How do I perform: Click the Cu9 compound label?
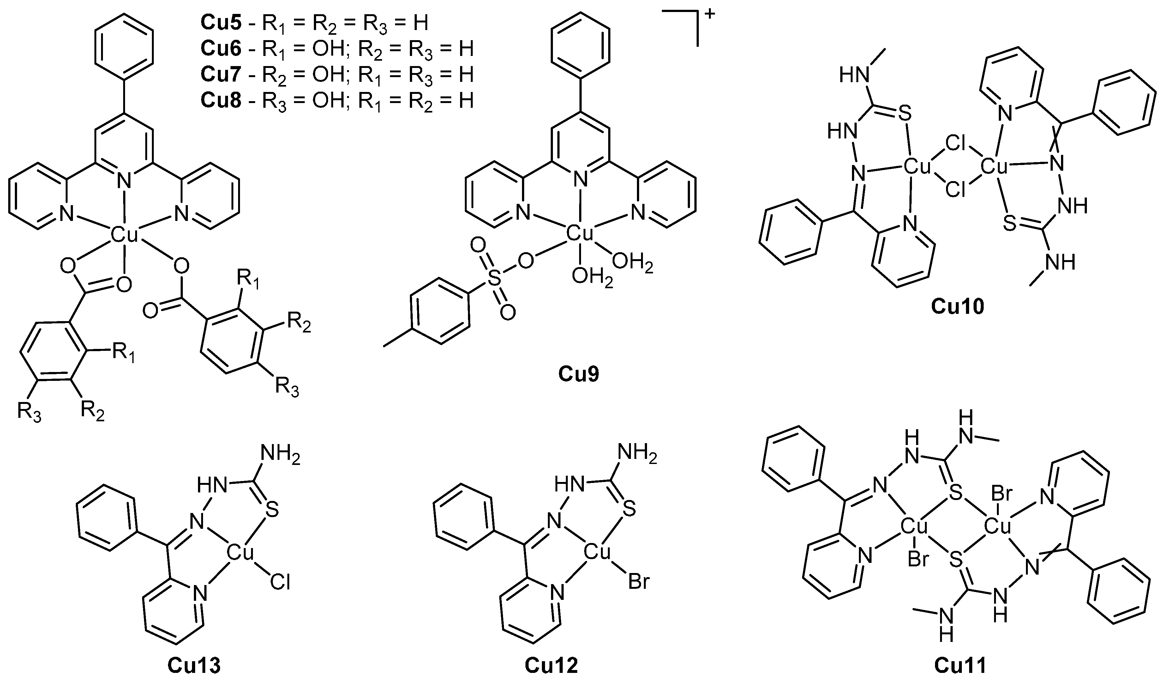[579, 374]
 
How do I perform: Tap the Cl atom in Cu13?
[280, 583]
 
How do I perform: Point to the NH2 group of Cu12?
[638, 455]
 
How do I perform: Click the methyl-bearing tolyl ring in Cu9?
[440, 311]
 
